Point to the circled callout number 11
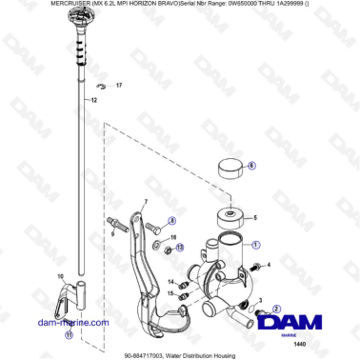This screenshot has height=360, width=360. tap(68, 335)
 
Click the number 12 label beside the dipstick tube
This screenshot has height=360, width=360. tap(93, 99)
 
